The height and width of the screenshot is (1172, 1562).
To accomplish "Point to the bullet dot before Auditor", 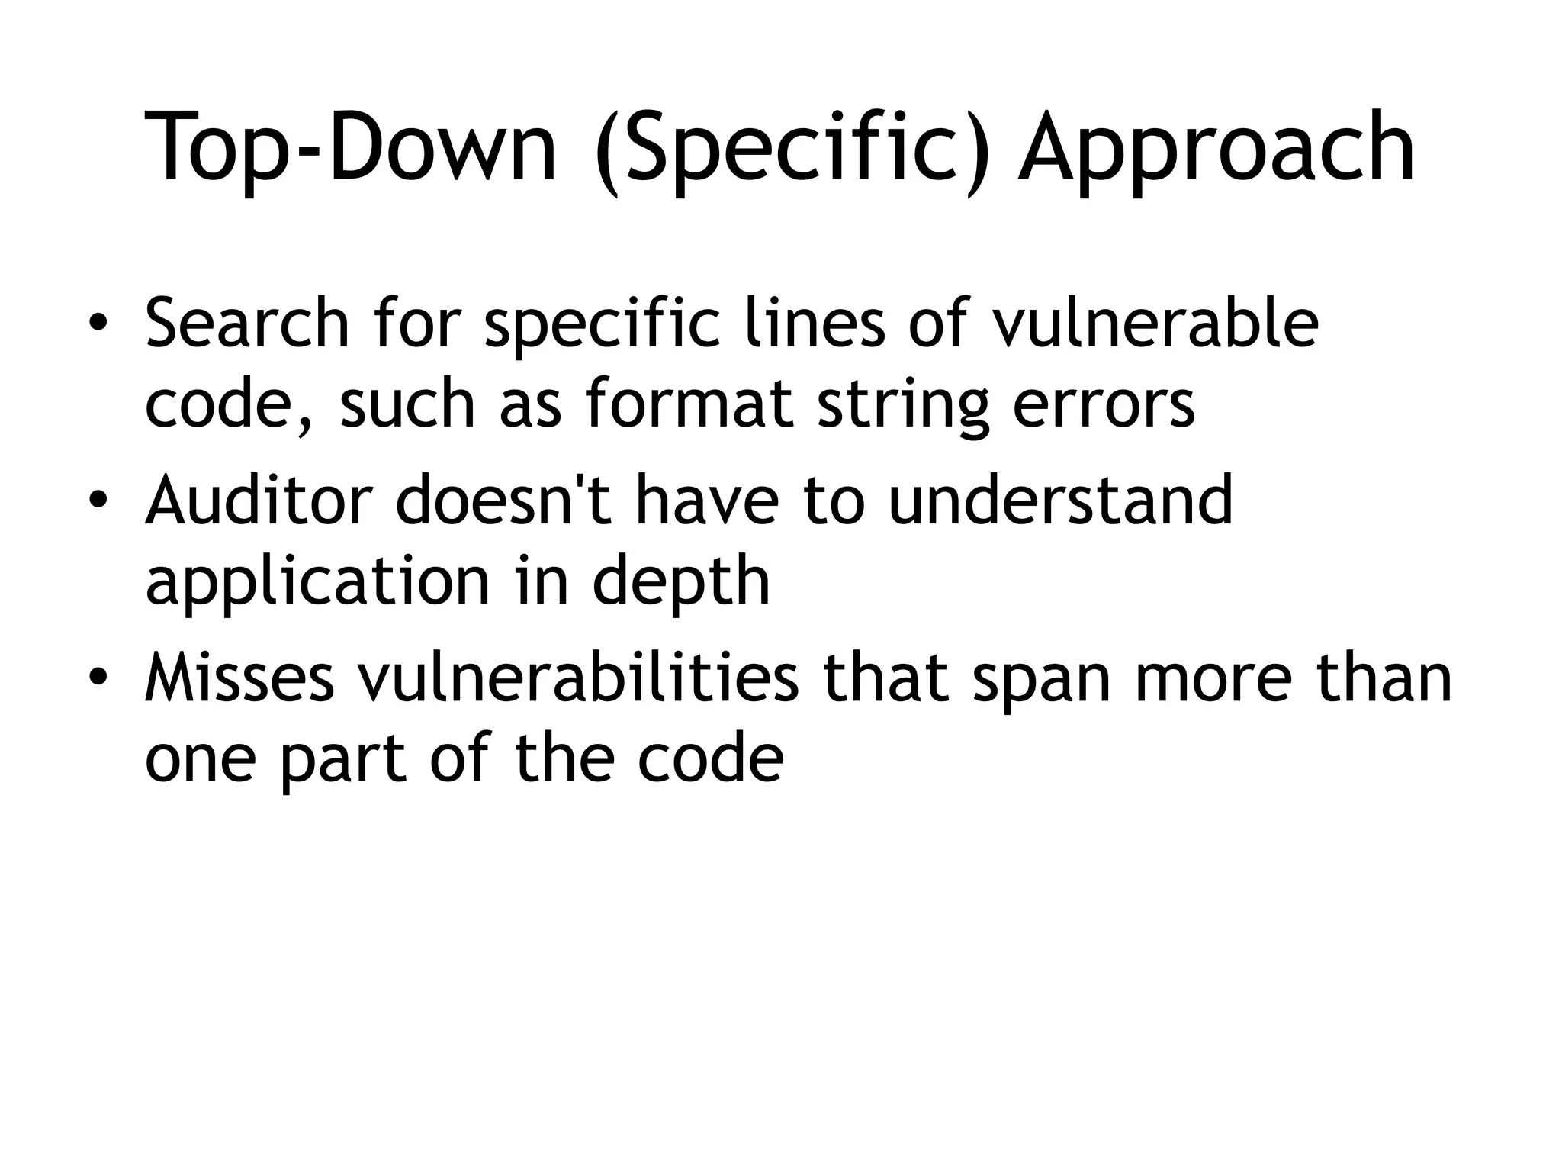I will (97, 501).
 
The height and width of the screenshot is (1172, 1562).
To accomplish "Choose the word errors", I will (1103, 405).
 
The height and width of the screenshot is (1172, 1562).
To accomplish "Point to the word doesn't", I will (503, 501).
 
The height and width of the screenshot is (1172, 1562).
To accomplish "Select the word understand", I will (1060, 501).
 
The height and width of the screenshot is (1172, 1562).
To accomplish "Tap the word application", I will (317, 584).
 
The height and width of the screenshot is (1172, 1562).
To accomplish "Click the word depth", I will (680, 584).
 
